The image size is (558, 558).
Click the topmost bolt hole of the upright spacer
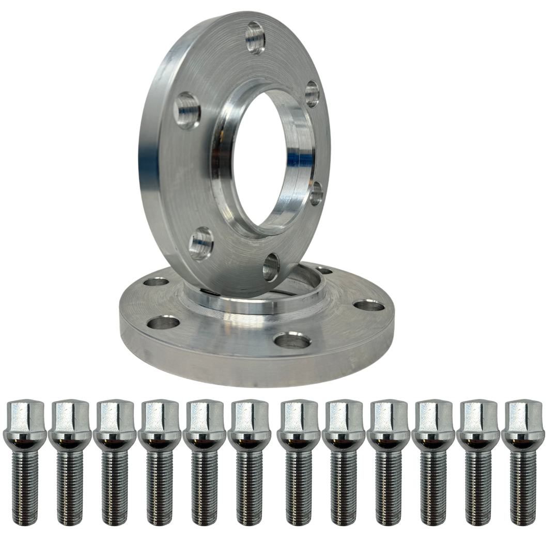(256, 37)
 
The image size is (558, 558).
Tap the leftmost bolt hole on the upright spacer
(187, 110)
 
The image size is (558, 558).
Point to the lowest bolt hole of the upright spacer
(271, 267)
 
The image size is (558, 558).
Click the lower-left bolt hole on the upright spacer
(201, 243)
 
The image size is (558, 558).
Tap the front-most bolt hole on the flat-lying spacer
(292, 340)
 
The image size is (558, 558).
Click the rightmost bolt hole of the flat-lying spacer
(369, 305)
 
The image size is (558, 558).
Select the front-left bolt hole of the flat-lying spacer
(163, 323)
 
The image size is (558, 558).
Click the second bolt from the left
(70, 460)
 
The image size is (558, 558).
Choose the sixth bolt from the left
(249, 460)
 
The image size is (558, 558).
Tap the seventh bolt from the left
(299, 460)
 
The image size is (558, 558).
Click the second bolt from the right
(478, 460)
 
